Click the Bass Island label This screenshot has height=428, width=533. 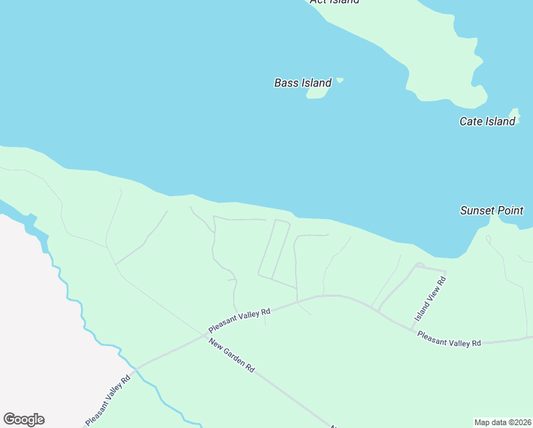303,83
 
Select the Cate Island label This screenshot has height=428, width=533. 487,121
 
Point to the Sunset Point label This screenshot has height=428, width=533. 492,210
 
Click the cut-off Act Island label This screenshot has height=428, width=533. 334,1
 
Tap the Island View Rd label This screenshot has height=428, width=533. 430,298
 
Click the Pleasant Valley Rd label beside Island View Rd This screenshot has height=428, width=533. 449,339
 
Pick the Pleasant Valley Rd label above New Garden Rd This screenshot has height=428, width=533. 240,321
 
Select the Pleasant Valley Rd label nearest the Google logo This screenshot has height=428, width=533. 108,399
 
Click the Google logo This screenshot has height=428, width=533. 24,419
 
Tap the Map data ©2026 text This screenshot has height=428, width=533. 502,422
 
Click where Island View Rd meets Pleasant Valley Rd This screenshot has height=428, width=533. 413,328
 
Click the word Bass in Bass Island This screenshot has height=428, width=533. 286,83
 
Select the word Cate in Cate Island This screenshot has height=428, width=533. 471,121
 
